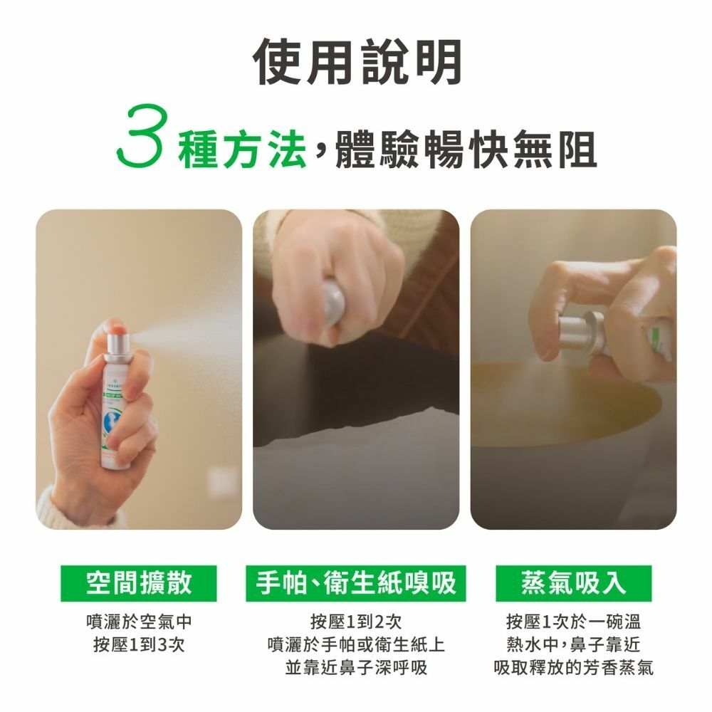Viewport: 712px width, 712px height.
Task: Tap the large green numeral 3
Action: pyautogui.click(x=140, y=136)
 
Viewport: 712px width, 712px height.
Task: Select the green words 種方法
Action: pyautogui.click(x=241, y=149)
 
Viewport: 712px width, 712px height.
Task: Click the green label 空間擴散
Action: pyautogui.click(x=139, y=583)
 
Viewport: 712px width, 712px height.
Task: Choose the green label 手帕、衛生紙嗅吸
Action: pyautogui.click(x=356, y=583)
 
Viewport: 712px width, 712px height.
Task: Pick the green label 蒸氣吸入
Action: pyautogui.click(x=573, y=583)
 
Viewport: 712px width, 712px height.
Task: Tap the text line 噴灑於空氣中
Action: pyautogui.click(x=139, y=622)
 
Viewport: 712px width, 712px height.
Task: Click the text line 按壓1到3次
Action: pyautogui.click(x=139, y=644)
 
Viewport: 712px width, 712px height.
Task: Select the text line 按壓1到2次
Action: pyautogui.click(x=356, y=622)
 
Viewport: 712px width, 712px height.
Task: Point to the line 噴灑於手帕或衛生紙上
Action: pyautogui.click(x=356, y=644)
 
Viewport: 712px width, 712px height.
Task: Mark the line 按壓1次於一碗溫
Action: pyautogui.click(x=573, y=622)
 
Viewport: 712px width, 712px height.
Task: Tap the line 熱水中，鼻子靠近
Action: pyautogui.click(x=573, y=644)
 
